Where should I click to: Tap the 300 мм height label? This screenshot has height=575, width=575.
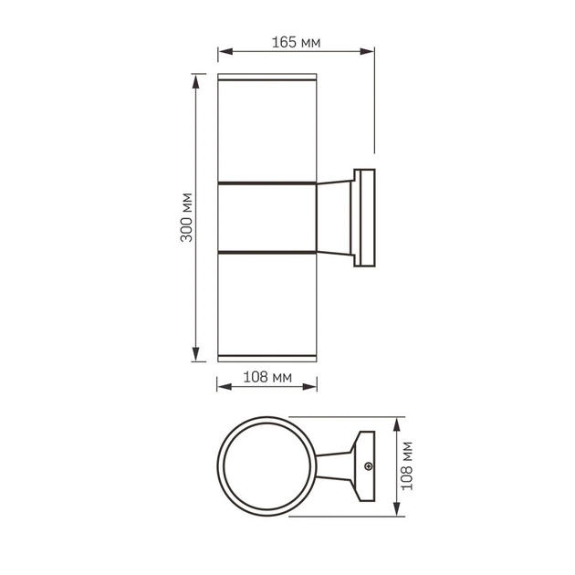[x=186, y=217]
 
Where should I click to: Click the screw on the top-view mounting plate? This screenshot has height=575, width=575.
[x=369, y=467]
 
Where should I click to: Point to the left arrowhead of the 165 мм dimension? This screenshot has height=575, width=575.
[x=222, y=52]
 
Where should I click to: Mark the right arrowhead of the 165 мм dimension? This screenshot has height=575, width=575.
[x=370, y=52]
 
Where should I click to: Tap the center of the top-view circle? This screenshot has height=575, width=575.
[x=269, y=467]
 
